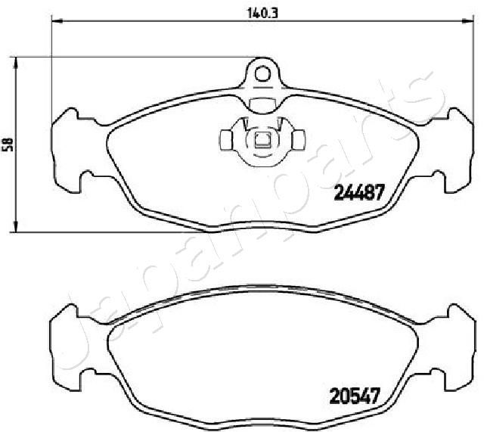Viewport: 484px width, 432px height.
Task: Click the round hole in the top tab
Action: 262,73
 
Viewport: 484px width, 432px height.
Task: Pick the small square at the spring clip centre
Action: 262,138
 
